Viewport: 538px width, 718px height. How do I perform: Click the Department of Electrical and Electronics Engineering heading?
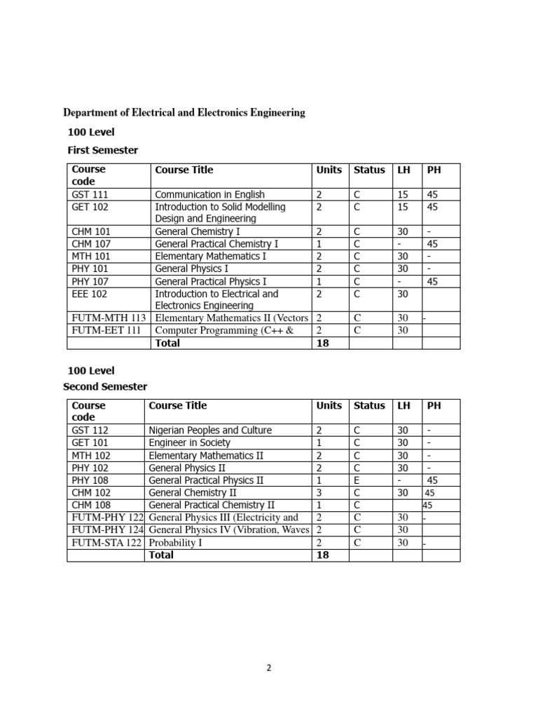pyautogui.click(x=184, y=112)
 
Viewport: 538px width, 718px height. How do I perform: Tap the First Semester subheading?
pyautogui.click(x=102, y=150)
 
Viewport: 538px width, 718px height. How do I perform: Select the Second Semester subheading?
pyautogui.click(x=105, y=386)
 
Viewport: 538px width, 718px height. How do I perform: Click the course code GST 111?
pyautogui.click(x=90, y=194)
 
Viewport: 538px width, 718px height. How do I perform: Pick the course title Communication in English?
pyautogui.click(x=209, y=194)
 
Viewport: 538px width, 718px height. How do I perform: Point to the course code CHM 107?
pyautogui.click(x=91, y=243)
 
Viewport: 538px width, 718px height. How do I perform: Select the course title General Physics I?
pyautogui.click(x=191, y=269)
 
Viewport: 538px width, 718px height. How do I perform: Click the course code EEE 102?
pyautogui.click(x=89, y=294)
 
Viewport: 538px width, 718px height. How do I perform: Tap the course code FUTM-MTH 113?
pyautogui.click(x=109, y=318)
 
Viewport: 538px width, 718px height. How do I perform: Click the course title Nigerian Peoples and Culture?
pyautogui.click(x=210, y=430)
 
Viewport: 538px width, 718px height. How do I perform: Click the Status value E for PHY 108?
pyautogui.click(x=357, y=480)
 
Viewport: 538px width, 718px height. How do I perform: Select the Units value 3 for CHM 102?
pyautogui.click(x=319, y=493)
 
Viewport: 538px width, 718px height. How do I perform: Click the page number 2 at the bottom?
pyautogui.click(x=268, y=668)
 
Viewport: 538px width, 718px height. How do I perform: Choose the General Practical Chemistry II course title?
pyautogui.click(x=212, y=505)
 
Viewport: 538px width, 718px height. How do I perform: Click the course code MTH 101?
pyautogui.click(x=91, y=256)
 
